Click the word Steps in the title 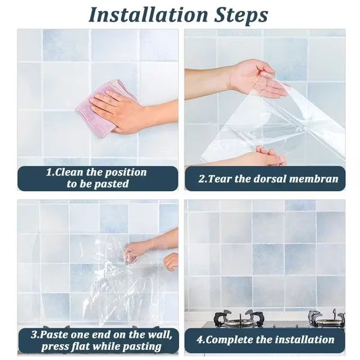tap(236, 14)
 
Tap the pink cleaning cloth tap(101, 108)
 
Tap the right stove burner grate tap(324, 317)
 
